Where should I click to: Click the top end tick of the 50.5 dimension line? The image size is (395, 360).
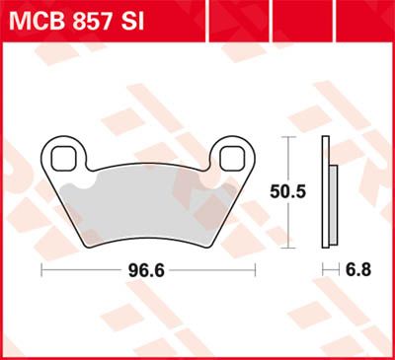coord(287,137)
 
